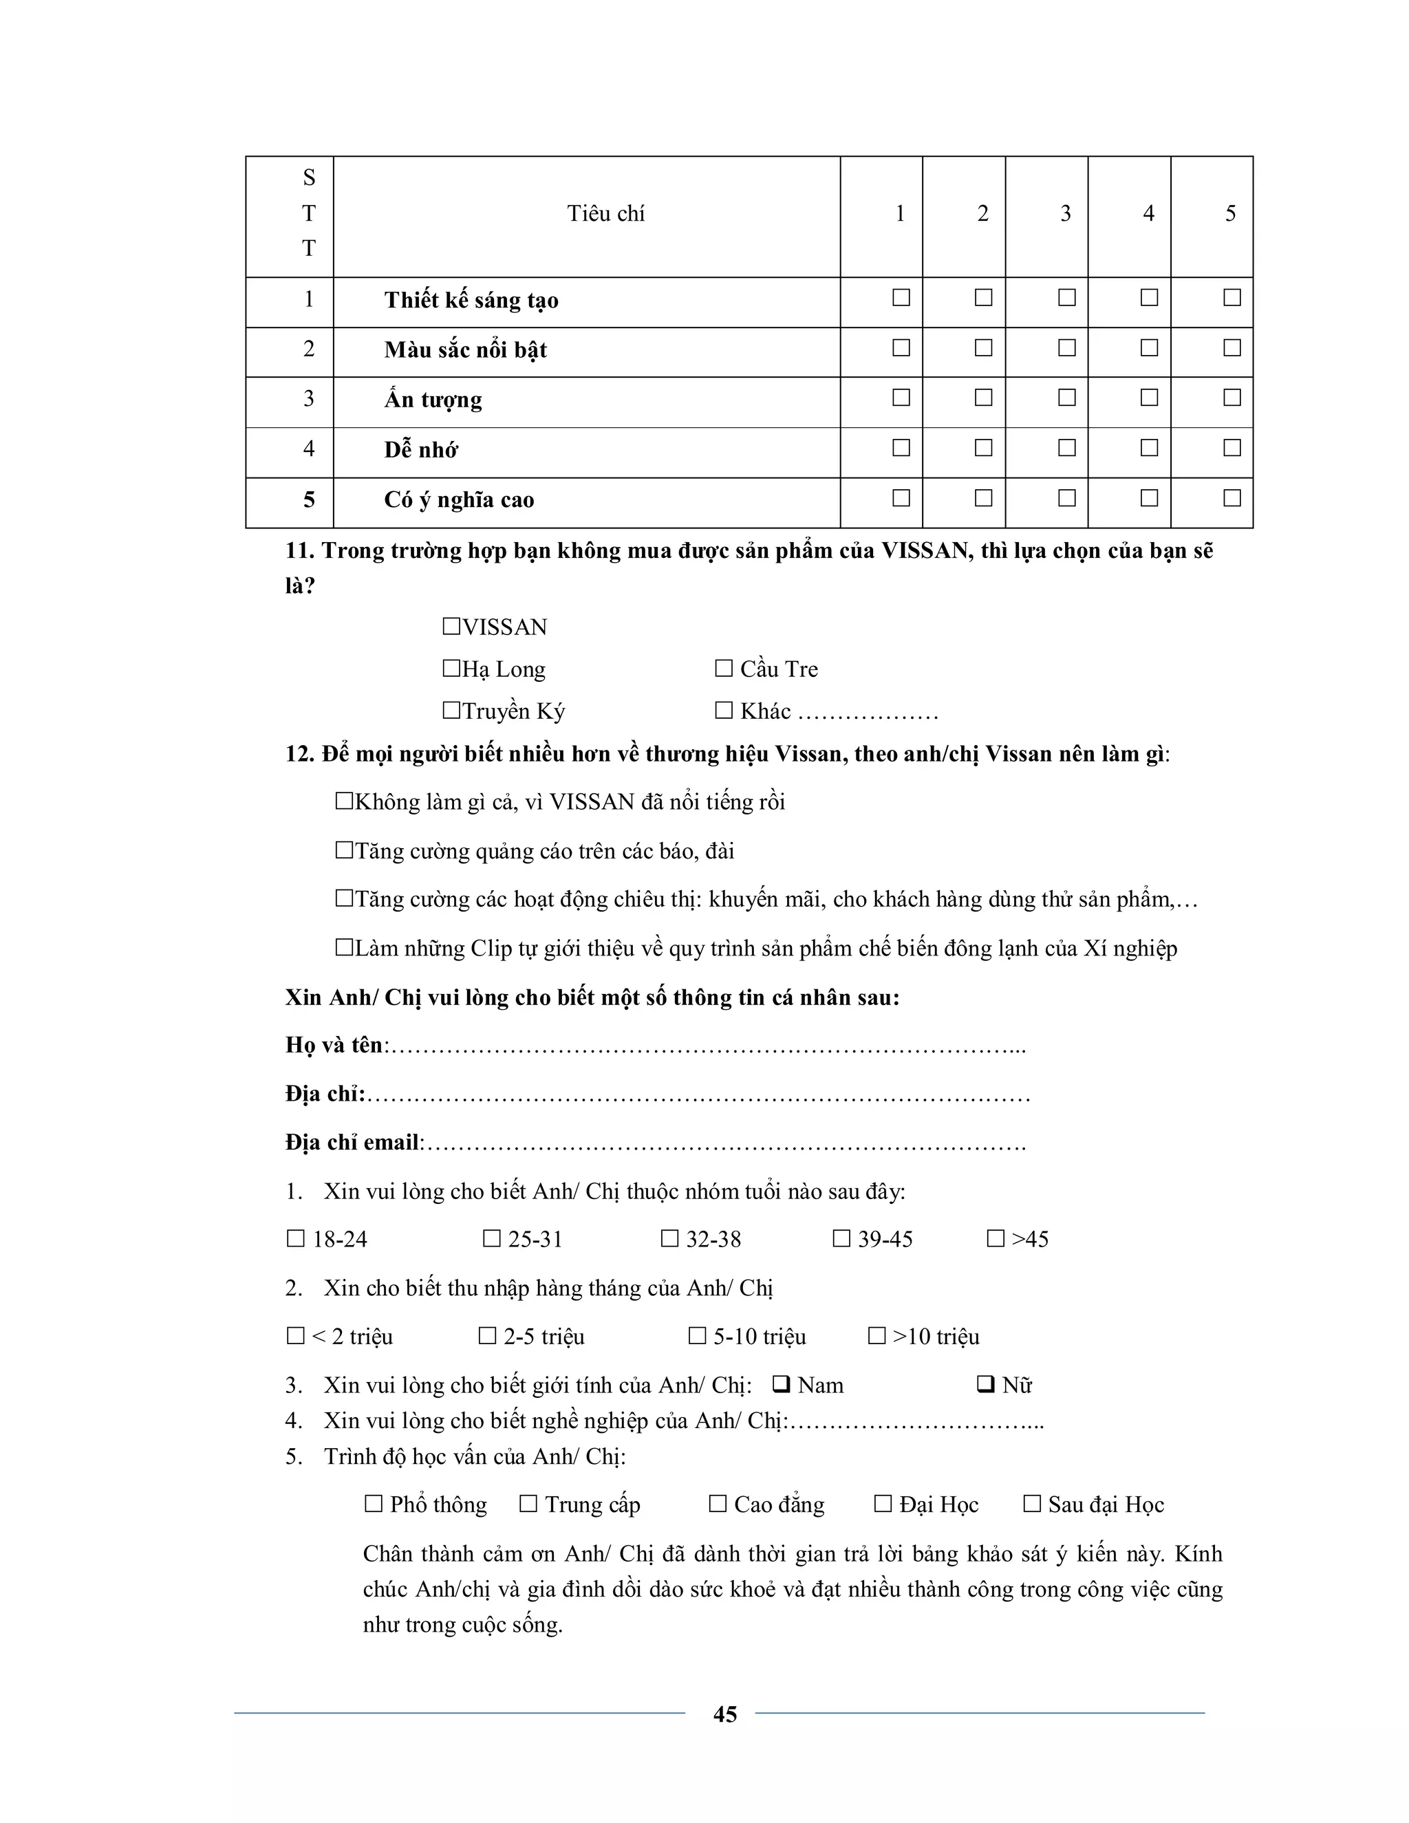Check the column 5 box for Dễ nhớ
click(x=1231, y=449)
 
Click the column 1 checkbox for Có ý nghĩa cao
click(x=901, y=498)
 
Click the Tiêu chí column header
click(x=606, y=214)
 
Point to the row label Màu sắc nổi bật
click(x=465, y=349)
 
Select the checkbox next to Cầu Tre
click(x=723, y=669)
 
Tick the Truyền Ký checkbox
click(x=451, y=711)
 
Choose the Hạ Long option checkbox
click(x=451, y=669)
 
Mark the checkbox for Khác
click(x=723, y=711)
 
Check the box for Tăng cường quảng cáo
click(x=344, y=850)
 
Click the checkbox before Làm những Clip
click(x=344, y=947)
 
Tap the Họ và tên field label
click(x=334, y=1045)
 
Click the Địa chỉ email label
click(x=352, y=1142)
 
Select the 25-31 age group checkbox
click(x=492, y=1239)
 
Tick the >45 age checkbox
click(x=995, y=1239)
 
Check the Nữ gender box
click(x=985, y=1385)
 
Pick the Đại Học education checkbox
click(x=882, y=1504)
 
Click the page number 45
click(x=724, y=1714)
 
